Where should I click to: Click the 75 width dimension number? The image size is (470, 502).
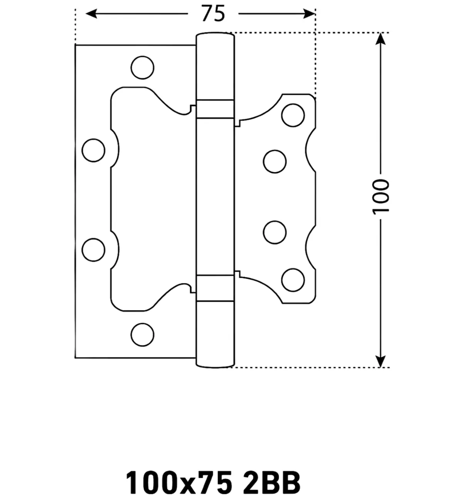(x=213, y=14)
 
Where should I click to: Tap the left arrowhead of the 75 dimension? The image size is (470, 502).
(x=91, y=14)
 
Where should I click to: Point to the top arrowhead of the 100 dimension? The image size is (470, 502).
(x=381, y=39)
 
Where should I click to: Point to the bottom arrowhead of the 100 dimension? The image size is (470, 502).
(x=381, y=361)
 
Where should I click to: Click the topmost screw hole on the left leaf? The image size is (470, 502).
(x=143, y=68)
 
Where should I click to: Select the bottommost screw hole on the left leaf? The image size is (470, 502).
(x=143, y=335)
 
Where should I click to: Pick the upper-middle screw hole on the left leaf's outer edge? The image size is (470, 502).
(x=93, y=150)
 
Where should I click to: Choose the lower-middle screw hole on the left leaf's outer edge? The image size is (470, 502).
(x=93, y=250)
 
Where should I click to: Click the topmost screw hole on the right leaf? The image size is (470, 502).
(x=293, y=115)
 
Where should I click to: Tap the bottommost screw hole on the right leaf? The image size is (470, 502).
(x=293, y=280)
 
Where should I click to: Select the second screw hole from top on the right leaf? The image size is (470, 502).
(x=275, y=161)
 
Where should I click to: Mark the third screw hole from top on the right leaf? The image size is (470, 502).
(x=275, y=232)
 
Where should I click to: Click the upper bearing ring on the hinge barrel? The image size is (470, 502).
(x=215, y=109)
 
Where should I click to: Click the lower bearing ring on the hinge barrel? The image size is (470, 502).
(x=215, y=288)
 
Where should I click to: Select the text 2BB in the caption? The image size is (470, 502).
(x=272, y=482)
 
